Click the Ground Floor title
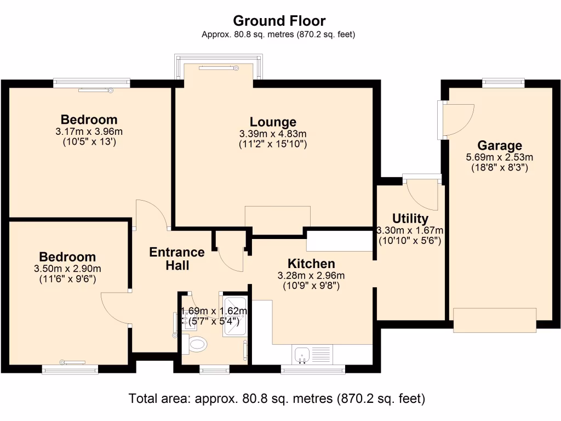(279, 21)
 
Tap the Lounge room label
(273, 122)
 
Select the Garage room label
(500, 145)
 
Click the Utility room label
(410, 218)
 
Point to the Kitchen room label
(311, 264)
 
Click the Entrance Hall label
(177, 259)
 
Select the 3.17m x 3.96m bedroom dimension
(89, 132)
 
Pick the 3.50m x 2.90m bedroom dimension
(67, 269)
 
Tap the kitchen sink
(302, 355)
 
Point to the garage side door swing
(459, 120)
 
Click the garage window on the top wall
(503, 83)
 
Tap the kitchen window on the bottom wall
(313, 369)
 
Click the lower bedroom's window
(70, 369)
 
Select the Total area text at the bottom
(277, 399)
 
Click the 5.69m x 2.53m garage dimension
(500, 157)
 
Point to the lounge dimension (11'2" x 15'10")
(273, 144)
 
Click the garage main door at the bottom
(495, 320)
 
